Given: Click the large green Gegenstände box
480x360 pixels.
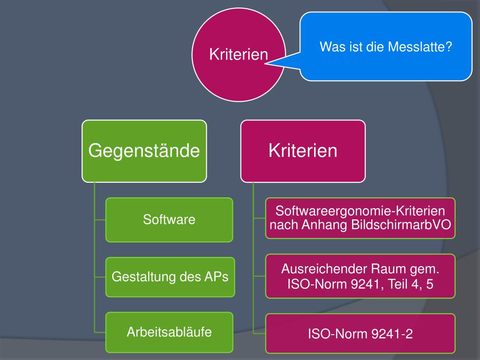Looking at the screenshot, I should tap(144, 150).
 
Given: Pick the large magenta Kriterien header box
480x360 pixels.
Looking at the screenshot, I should tap(303, 150).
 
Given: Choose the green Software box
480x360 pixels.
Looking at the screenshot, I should tap(169, 219).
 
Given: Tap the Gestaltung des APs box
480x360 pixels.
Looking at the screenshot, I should tap(169, 277).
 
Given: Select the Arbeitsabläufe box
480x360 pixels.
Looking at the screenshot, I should tap(169, 332).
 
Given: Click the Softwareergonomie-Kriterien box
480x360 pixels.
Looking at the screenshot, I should tap(360, 218).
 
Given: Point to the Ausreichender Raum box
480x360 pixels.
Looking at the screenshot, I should tap(360, 276).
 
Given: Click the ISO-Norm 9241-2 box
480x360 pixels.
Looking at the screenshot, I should tap(360, 334).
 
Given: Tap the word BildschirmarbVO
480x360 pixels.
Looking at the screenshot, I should tap(402, 225).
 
